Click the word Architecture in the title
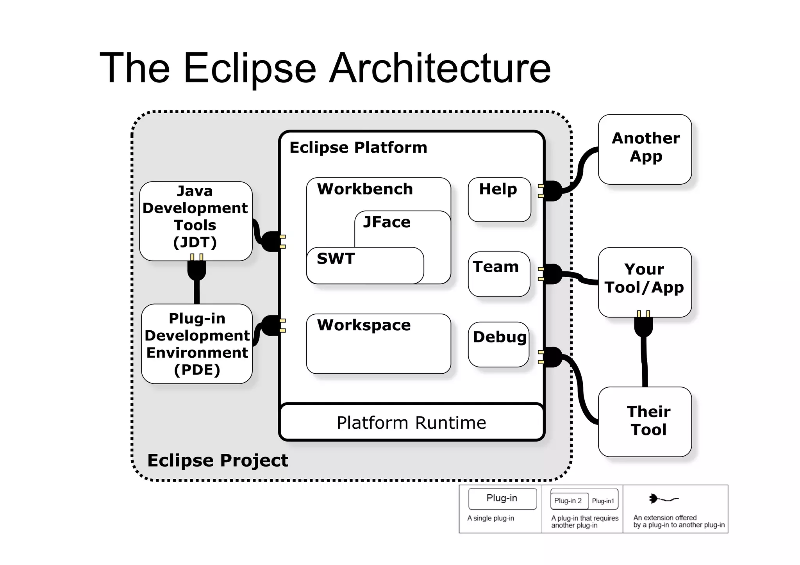click(x=440, y=68)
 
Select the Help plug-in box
click(x=499, y=200)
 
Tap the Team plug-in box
click(x=498, y=274)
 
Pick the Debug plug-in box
click(x=498, y=344)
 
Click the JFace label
click(x=387, y=222)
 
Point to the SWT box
click(x=365, y=266)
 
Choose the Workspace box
click(x=378, y=344)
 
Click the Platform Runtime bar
click(x=411, y=422)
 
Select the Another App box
click(x=645, y=149)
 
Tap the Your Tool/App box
click(x=645, y=282)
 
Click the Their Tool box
click(x=645, y=422)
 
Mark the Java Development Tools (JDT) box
click(x=195, y=221)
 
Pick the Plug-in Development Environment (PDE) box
click(x=197, y=344)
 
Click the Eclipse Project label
click(x=218, y=460)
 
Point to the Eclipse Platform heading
click(x=358, y=148)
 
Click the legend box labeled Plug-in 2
click(x=568, y=501)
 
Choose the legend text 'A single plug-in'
click(x=491, y=519)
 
